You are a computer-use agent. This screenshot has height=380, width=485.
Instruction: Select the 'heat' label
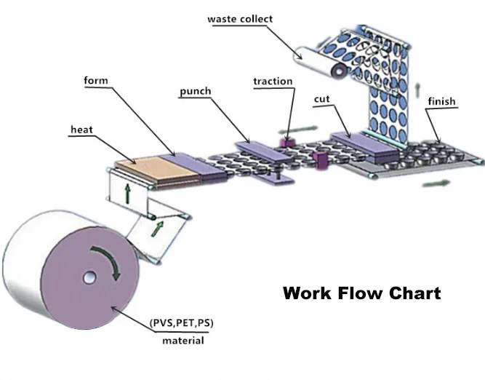81,130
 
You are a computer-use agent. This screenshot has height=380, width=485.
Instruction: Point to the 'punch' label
195,91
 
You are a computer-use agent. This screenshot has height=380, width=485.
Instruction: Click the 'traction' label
273,82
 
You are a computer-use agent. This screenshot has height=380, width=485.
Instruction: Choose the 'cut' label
323,98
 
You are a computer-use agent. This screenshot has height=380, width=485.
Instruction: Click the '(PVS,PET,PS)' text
181,322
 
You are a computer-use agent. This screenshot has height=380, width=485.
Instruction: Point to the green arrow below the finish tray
436,183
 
